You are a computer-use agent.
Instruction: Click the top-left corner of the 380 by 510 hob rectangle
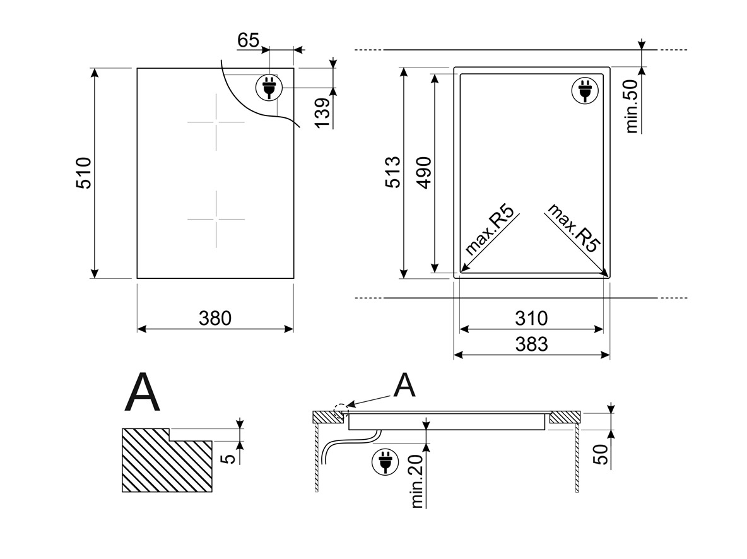(137, 68)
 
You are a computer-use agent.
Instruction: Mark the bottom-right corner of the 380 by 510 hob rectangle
(293, 278)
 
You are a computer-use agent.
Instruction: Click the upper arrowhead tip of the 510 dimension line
(95, 69)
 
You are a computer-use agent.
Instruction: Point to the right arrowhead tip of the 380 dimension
(293, 329)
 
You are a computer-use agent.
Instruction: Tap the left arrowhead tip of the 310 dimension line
(460, 329)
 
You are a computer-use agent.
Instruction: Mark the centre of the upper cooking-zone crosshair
(216, 122)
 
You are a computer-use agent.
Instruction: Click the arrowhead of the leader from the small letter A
(346, 406)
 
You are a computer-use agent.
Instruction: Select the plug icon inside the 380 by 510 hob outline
(269, 87)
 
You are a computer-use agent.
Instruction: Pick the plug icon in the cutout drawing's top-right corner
(585, 90)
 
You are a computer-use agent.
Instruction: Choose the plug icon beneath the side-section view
(385, 462)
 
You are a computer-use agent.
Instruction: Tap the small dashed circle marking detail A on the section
(341, 410)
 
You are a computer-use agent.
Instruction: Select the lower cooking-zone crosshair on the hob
(216, 219)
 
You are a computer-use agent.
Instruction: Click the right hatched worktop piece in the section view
(565, 417)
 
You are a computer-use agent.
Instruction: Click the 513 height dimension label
(394, 172)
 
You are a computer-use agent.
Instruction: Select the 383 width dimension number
(531, 344)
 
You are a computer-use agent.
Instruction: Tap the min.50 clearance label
(632, 106)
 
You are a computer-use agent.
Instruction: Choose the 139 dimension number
(322, 112)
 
